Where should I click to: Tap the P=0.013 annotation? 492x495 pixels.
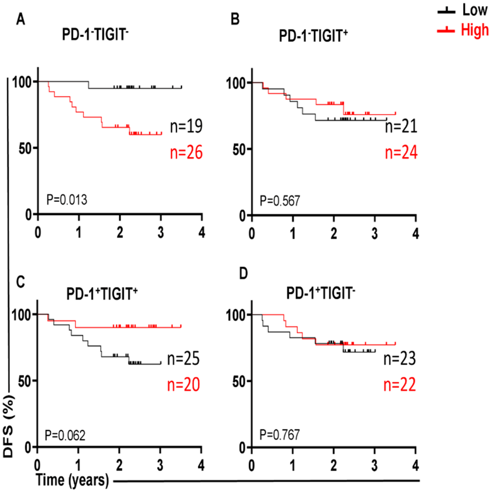[x=67, y=200]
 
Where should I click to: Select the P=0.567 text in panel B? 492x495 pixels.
[x=280, y=201]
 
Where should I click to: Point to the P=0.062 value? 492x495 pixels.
[x=65, y=435]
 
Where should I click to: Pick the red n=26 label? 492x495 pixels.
[x=186, y=152]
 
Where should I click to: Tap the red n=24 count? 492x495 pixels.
[x=401, y=153]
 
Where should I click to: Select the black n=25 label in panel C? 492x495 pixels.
[x=184, y=359]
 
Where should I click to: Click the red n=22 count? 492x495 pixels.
[x=399, y=385]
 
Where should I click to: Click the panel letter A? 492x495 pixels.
[x=21, y=19]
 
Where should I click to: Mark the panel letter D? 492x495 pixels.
[x=243, y=273]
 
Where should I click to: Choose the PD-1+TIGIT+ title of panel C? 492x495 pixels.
[x=102, y=294]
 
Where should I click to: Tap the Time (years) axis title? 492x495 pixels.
[x=73, y=480]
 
